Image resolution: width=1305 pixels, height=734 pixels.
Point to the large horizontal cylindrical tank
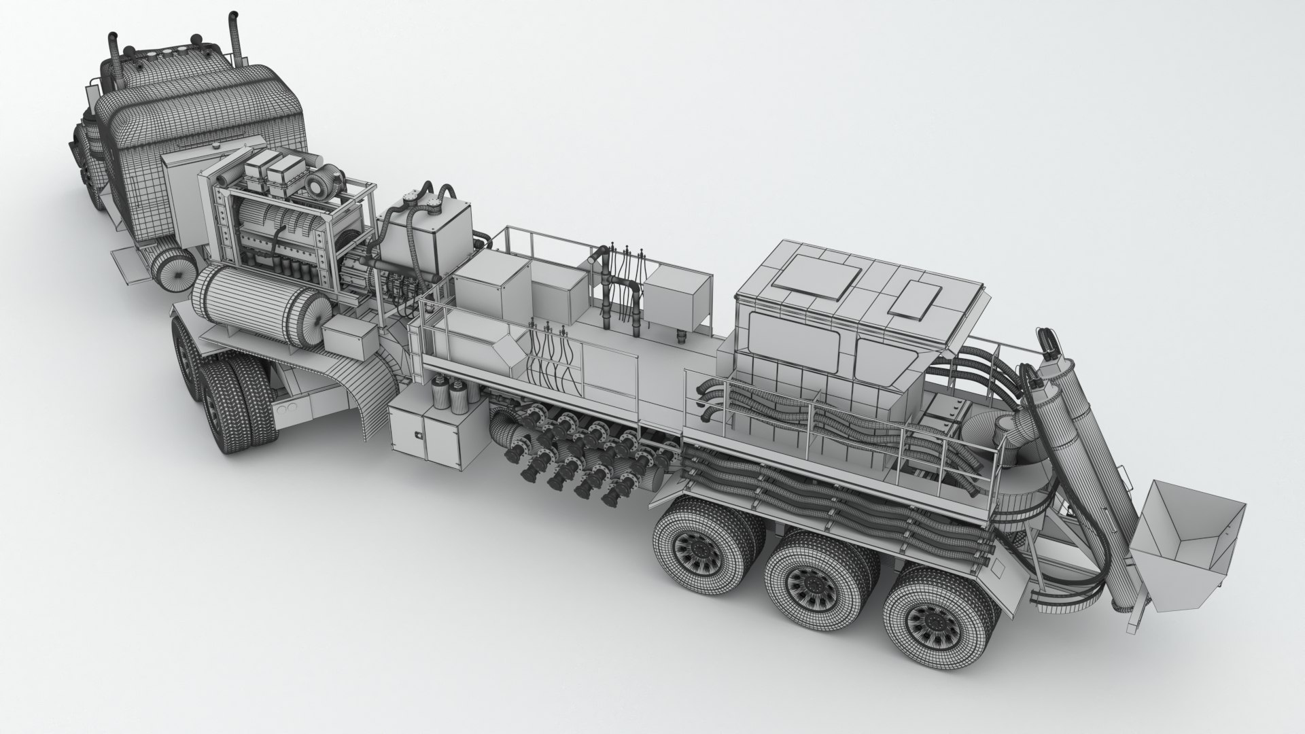259,306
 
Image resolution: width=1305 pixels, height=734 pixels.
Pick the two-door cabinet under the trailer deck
434,435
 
